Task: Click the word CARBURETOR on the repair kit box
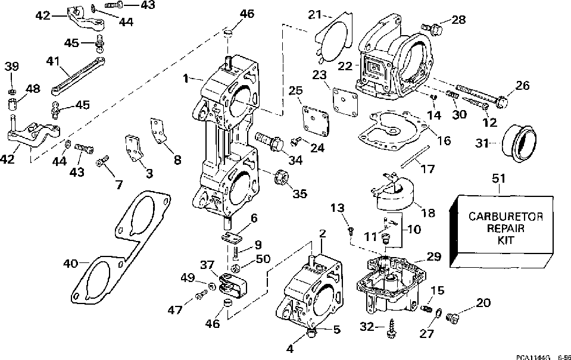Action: pyautogui.click(x=506, y=217)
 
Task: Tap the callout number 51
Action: pyautogui.click(x=499, y=179)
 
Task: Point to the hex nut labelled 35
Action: pyautogui.click(x=281, y=178)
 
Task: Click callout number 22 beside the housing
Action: pyautogui.click(x=345, y=66)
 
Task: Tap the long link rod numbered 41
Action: pyautogui.click(x=78, y=76)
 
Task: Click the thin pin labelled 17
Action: pyautogui.click(x=416, y=156)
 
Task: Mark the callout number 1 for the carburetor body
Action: pyautogui.click(x=186, y=78)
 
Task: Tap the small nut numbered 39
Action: pyautogui.click(x=11, y=90)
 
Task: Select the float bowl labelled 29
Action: pyautogui.click(x=389, y=286)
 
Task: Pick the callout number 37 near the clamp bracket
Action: pyautogui.click(x=208, y=265)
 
